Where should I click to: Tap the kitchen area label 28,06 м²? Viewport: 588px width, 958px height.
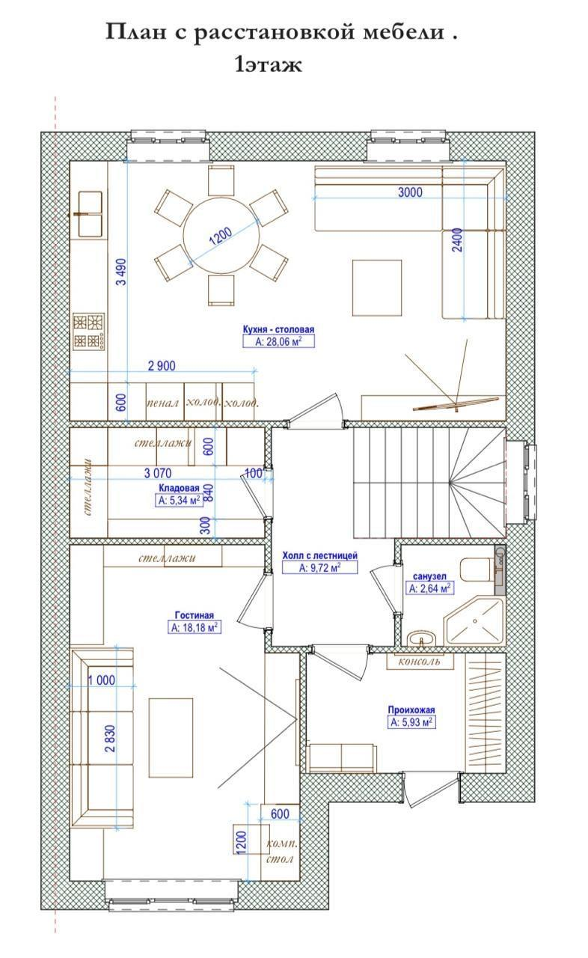[278, 341]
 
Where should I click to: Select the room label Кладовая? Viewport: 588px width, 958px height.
[179, 488]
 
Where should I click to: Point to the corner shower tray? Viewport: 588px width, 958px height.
[474, 622]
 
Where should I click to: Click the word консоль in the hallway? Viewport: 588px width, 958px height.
[419, 662]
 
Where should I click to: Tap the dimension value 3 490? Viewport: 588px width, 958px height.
[121, 272]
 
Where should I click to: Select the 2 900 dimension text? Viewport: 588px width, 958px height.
[162, 366]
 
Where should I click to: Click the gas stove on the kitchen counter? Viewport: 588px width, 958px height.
[89, 332]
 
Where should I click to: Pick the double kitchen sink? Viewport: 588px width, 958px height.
[91, 214]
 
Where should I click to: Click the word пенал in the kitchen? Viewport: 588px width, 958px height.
[162, 403]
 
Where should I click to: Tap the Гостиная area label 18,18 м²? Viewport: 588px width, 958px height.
[195, 627]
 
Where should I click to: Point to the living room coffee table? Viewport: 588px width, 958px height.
[171, 738]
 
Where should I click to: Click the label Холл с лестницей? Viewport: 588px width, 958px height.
[319, 555]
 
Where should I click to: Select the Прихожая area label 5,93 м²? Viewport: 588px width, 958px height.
[411, 722]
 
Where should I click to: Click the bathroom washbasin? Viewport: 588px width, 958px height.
[422, 639]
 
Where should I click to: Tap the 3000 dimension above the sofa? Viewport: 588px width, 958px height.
[410, 192]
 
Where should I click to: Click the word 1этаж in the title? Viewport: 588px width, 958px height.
[269, 65]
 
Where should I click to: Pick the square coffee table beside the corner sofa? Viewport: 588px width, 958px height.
[377, 287]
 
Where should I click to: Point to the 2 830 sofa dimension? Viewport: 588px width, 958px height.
[109, 739]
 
